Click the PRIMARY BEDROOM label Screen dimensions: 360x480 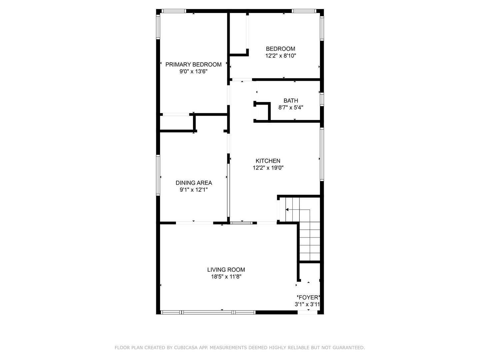coord(193,64)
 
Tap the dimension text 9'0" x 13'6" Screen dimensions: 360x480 coord(193,71)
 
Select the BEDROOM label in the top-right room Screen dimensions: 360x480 coord(280,49)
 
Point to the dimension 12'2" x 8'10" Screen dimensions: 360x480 coord(280,56)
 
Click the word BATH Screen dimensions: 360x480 coord(291,101)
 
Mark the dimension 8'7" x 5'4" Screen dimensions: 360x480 coord(291,108)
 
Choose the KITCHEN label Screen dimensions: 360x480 coord(268,161)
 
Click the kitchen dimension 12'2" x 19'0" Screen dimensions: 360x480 coord(268,168)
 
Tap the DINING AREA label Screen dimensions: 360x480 coord(194,183)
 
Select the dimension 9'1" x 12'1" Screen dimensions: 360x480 coord(194,190)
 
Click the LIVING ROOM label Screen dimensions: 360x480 coord(226,270)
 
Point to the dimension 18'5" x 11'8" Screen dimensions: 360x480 coord(226,277)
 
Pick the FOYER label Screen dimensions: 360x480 coord(308,297)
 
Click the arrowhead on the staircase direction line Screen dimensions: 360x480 coord(287,210)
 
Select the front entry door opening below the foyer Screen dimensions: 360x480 coord(308,312)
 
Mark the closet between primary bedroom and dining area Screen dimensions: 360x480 coord(176,123)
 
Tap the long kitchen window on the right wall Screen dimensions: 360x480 coord(322,154)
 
